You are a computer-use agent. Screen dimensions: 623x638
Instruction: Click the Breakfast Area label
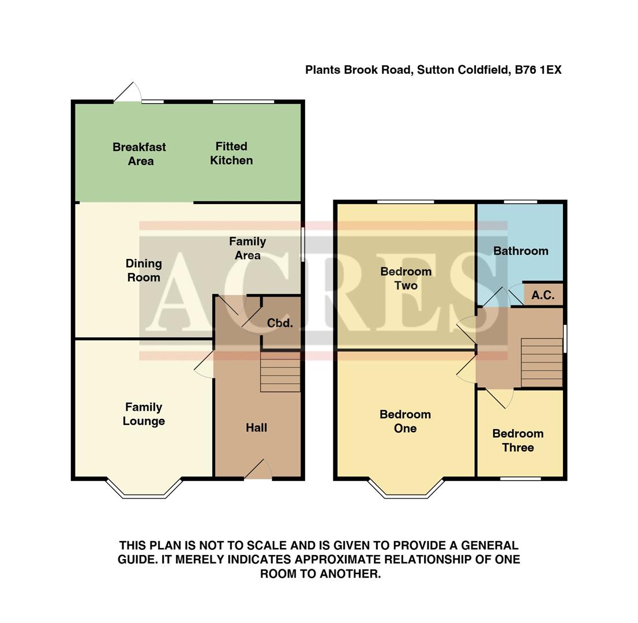pyautogui.click(x=139, y=154)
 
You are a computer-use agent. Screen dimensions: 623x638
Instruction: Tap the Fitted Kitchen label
pyautogui.click(x=231, y=153)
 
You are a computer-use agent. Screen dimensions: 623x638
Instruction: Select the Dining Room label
pyautogui.click(x=144, y=271)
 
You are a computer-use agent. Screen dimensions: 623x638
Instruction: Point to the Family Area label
pyautogui.click(x=247, y=249)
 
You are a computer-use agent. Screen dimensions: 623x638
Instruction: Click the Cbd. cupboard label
pyautogui.click(x=280, y=324)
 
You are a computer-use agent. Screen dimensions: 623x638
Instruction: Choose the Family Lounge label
pyautogui.click(x=144, y=414)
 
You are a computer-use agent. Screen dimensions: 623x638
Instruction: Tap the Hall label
pyautogui.click(x=256, y=428)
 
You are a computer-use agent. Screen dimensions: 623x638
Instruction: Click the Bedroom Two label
pyautogui.click(x=406, y=279)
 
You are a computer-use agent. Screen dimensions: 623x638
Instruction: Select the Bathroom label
pyautogui.click(x=520, y=251)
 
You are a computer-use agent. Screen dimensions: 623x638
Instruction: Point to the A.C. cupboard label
pyautogui.click(x=543, y=295)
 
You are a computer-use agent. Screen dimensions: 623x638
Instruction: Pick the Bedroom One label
pyautogui.click(x=405, y=421)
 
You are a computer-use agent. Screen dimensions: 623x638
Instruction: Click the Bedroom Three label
pyautogui.click(x=517, y=441)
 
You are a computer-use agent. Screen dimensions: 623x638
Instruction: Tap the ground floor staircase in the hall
pyautogui.click(x=280, y=371)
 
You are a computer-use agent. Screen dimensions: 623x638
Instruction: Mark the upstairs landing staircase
pyautogui.click(x=542, y=362)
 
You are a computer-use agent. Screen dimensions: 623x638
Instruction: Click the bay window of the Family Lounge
pyautogui.click(x=144, y=489)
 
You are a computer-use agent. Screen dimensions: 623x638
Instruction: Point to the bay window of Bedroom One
pyautogui.click(x=406, y=489)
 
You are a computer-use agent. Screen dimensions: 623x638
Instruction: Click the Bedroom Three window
pyautogui.click(x=520, y=478)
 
